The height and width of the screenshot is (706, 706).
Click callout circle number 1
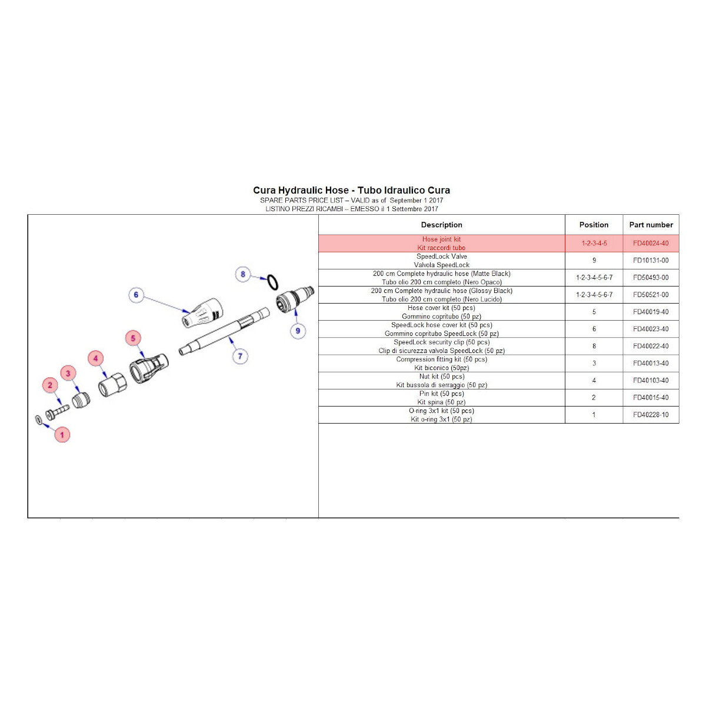point(62,435)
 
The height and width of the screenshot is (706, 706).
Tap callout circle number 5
point(134,338)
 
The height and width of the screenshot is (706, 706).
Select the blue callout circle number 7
point(240,356)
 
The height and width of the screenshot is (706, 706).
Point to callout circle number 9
point(298,331)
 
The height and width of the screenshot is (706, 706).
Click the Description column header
point(441,225)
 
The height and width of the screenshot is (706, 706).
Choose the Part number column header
point(651,225)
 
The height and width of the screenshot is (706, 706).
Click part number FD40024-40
point(651,244)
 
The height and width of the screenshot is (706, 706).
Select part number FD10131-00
point(651,261)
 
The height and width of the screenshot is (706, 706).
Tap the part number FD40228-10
point(651,415)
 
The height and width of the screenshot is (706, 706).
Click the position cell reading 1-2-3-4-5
point(594,244)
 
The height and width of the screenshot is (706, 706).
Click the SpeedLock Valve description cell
point(441,261)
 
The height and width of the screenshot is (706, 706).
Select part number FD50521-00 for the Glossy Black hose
point(651,295)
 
